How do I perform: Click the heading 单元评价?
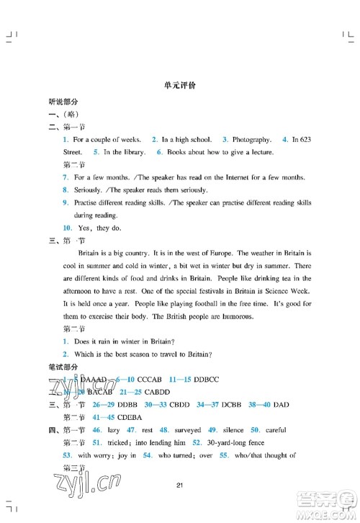(x=180, y=85)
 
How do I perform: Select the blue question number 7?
(x=65, y=177)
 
